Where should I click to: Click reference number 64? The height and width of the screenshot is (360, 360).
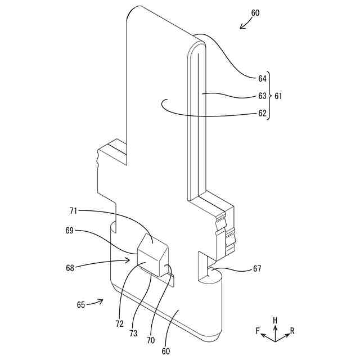(x=262, y=79)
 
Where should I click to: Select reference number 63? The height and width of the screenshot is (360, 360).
(x=262, y=96)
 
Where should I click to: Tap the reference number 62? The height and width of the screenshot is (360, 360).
(x=262, y=113)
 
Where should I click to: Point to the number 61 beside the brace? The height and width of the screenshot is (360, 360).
(x=278, y=96)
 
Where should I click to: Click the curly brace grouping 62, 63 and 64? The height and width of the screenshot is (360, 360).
(x=269, y=96)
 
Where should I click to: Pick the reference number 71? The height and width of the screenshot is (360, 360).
(x=73, y=211)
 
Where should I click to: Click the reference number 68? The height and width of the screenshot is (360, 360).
(x=70, y=268)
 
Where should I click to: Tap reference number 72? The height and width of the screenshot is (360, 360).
(x=119, y=325)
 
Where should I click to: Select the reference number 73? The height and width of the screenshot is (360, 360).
(x=133, y=333)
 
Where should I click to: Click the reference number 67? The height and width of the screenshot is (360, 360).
(x=256, y=269)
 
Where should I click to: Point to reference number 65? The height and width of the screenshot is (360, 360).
(x=81, y=305)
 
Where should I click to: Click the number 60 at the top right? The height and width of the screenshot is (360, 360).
(x=255, y=12)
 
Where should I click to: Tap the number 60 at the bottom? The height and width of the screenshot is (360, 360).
(x=166, y=351)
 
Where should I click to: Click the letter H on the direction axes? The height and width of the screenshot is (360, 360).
(x=275, y=319)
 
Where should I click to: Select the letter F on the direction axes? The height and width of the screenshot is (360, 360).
(x=258, y=331)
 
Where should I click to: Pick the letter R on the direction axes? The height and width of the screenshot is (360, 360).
(x=292, y=331)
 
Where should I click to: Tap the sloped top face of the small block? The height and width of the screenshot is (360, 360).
(x=152, y=246)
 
